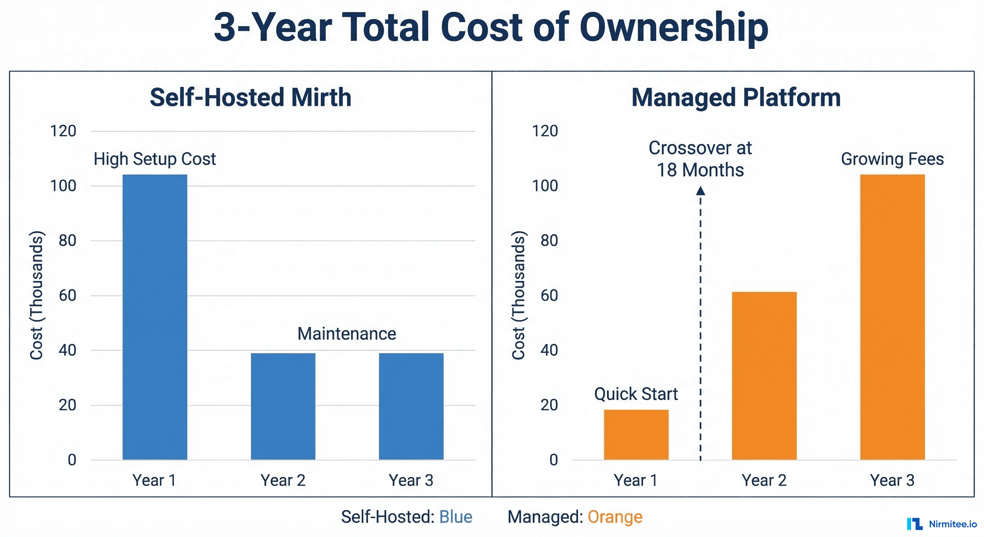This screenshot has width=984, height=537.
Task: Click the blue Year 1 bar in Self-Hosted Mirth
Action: click(155, 317)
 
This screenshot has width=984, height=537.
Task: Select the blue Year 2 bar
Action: click(283, 406)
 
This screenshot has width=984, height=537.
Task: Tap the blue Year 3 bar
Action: click(411, 406)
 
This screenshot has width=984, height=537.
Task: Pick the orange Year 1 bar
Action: click(636, 435)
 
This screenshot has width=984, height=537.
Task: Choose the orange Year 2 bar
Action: click(764, 375)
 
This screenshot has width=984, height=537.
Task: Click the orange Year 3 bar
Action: click(892, 317)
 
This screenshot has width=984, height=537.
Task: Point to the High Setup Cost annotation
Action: click(155, 159)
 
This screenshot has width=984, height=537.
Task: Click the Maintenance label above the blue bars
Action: click(347, 334)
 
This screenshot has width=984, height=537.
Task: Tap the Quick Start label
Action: click(636, 394)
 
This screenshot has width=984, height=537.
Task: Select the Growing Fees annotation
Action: click(892, 159)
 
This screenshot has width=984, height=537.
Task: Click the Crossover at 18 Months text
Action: click(700, 159)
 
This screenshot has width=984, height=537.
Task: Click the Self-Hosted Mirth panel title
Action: click(250, 97)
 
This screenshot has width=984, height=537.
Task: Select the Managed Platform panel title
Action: click(736, 97)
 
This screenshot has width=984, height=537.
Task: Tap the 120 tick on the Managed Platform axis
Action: click(545, 131)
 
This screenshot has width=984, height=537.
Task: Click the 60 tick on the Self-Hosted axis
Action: click(67, 295)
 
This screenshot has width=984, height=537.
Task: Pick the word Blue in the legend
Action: click(456, 517)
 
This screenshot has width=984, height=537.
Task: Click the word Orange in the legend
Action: click(615, 517)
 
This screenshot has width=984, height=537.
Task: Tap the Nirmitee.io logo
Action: click(942, 524)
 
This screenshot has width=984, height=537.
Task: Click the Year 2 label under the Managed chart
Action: click(764, 480)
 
